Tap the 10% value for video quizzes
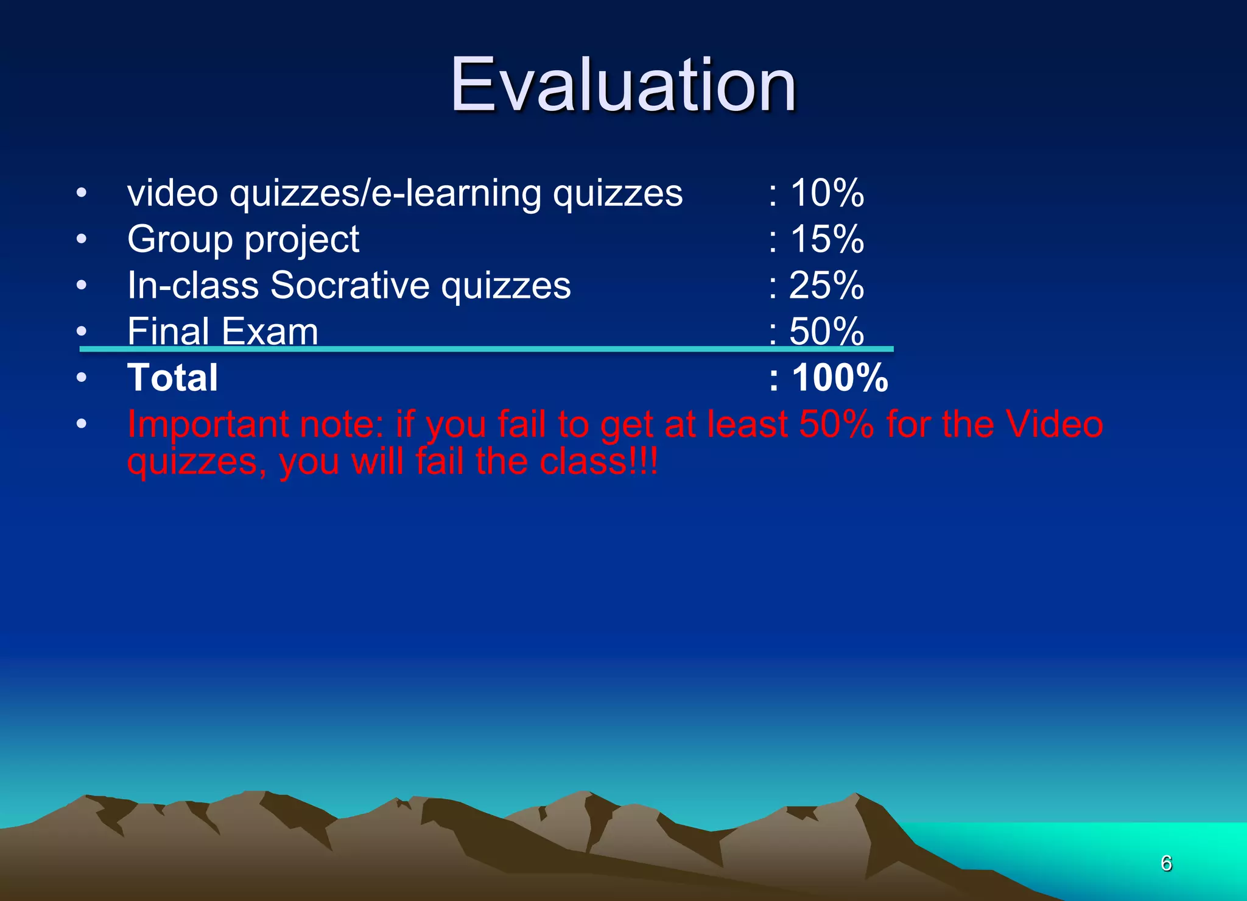tap(826, 193)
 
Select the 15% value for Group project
tap(826, 239)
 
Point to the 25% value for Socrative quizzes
tap(826, 285)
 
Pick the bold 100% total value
tap(840, 378)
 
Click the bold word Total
tap(172, 378)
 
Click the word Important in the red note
tap(208, 424)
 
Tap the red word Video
tap(1054, 424)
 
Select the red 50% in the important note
tap(836, 424)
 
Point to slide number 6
tap(1166, 863)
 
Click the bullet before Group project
tap(82, 239)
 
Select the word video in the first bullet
tap(172, 193)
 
